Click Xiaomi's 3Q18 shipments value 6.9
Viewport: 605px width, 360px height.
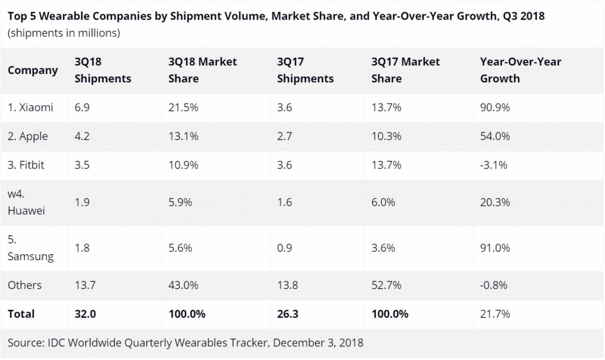82,108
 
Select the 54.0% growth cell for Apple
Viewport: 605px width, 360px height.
495,137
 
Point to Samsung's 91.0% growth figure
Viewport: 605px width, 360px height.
495,248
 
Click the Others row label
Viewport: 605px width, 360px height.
25,285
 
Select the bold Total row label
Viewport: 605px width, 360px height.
21,314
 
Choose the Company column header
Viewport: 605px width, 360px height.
32,70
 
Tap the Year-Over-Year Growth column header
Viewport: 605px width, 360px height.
521,70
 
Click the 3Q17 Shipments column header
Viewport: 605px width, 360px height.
304,70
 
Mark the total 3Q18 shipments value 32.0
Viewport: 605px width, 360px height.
85,314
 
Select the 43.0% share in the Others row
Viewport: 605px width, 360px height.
183,285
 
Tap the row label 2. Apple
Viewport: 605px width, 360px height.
28,137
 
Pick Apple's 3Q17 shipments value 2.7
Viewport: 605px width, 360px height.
284,137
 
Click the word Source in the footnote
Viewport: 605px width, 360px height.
24,342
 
